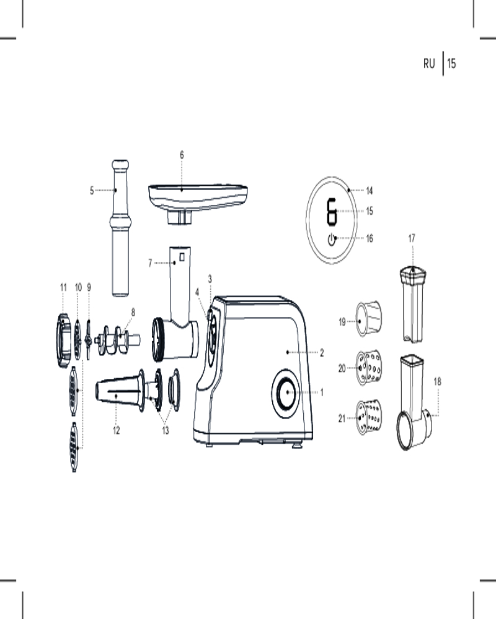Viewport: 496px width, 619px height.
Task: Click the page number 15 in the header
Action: coord(451,64)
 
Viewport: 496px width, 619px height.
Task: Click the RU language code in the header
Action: coord(429,64)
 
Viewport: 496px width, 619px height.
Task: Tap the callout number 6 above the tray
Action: coord(182,155)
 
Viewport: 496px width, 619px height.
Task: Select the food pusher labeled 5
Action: coord(120,228)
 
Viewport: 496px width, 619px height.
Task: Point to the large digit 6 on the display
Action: coord(332,212)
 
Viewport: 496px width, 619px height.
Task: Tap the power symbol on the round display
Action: coord(332,239)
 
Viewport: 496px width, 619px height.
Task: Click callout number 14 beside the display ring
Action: coord(370,191)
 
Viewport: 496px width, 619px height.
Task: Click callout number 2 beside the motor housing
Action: coord(322,353)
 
